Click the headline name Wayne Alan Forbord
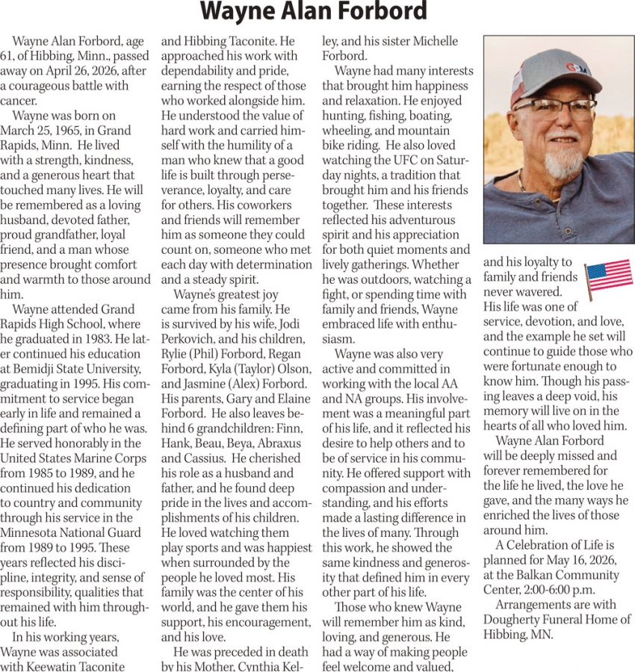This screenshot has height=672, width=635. pyautogui.click(x=315, y=13)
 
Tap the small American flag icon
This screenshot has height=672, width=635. pyautogui.click(x=608, y=276)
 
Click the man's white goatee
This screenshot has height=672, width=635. pyautogui.click(x=565, y=160)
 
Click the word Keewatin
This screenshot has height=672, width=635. pyautogui.click(x=51, y=666)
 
